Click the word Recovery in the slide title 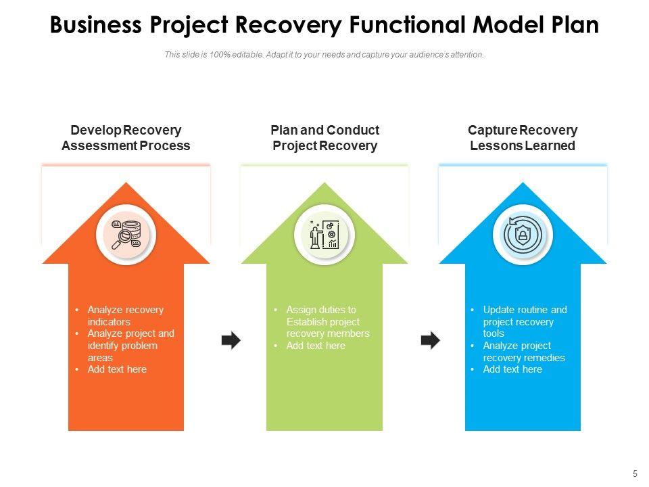[288, 25]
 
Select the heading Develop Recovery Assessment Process [126, 138]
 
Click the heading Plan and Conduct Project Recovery [325, 138]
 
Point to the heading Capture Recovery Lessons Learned [523, 138]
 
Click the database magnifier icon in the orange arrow [126, 235]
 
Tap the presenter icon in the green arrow [324, 235]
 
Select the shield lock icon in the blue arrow [523, 235]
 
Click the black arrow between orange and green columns [231, 340]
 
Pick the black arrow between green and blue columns [431, 340]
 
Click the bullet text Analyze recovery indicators [126, 316]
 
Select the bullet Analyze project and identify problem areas [130, 346]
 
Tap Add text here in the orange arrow [117, 369]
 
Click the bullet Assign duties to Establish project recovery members [328, 322]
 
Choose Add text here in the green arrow [316, 346]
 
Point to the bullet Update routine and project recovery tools [525, 322]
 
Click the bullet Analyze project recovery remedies [524, 352]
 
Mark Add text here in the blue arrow [512, 369]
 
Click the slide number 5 [635, 474]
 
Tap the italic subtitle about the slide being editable [324, 55]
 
